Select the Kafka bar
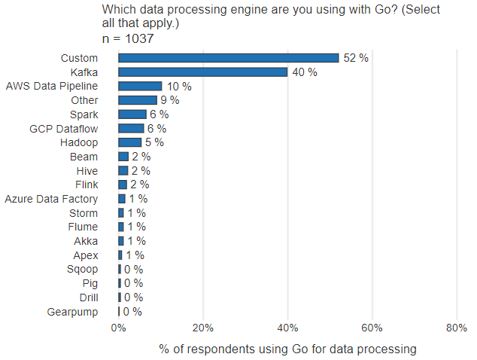203,72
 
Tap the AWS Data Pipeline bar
140,87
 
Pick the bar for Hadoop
129,142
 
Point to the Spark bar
132,114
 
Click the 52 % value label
356,59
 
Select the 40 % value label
305,72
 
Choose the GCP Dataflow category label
63,129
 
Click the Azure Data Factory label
51,199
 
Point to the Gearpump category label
72,312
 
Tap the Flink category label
87,185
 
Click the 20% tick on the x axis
203,328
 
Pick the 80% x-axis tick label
457,328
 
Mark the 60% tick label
372,328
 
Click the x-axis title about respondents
287,349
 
